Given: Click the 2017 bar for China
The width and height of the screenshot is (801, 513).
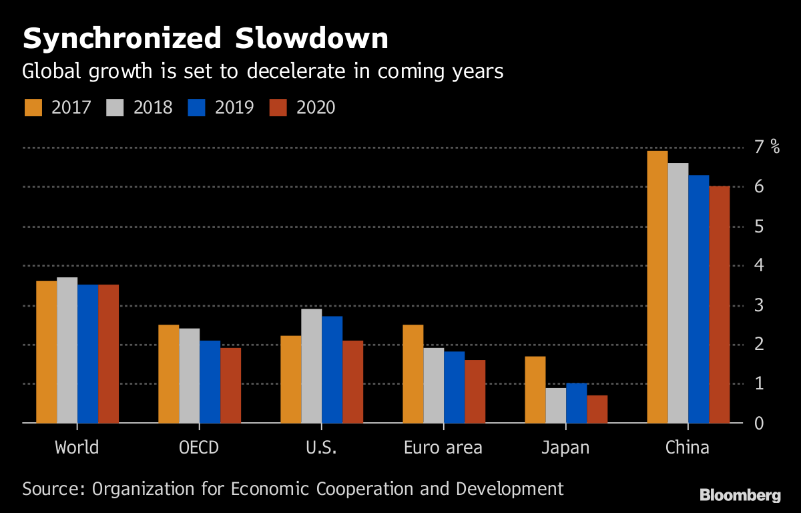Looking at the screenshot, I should point(657,287).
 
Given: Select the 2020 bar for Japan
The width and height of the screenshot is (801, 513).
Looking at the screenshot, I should point(597,409).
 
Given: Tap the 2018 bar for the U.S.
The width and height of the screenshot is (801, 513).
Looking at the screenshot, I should point(312,366).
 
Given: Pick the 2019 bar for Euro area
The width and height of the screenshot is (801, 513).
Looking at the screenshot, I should point(454,387).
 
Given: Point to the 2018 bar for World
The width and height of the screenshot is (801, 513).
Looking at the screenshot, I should point(67,350).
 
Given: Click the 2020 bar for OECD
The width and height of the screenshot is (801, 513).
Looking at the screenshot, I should point(230,385).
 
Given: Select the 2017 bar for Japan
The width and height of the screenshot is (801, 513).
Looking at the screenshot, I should point(535,389).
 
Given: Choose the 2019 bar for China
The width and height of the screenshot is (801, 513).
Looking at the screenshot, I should point(699,299).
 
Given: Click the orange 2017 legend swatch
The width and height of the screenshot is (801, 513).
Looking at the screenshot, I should point(33,108).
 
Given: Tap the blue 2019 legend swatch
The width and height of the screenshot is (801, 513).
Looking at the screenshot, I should point(196,108).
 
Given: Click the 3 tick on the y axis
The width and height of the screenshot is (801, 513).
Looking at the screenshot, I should point(759,305).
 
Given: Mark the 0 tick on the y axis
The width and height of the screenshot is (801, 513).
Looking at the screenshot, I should point(759,423).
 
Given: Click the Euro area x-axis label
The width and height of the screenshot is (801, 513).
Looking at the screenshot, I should point(443,448).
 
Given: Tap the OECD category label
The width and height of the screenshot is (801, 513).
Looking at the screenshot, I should point(199,448).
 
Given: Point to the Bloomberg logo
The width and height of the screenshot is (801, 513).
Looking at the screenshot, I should point(740,495).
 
